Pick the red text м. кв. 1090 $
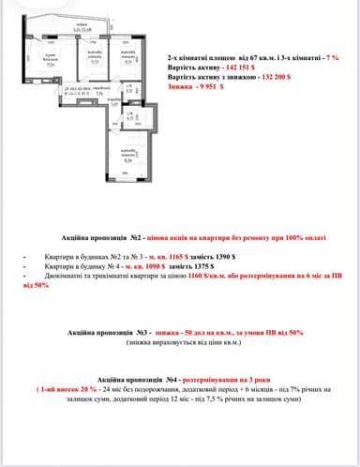point(138,265)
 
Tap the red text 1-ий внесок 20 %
point(73,385)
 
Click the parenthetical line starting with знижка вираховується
point(180,343)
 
